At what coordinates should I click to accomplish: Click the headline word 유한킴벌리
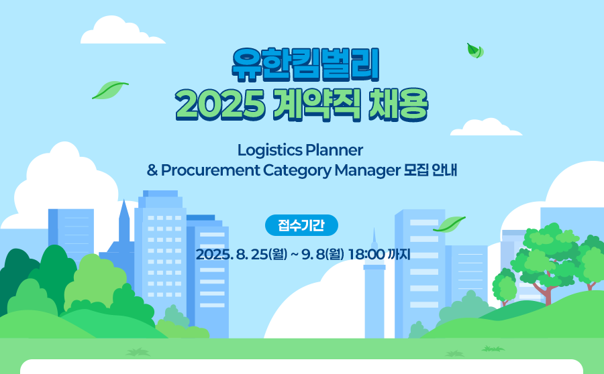[305, 65]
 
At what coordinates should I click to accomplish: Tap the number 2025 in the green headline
[220, 105]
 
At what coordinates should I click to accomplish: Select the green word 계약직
[317, 105]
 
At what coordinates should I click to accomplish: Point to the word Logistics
[270, 150]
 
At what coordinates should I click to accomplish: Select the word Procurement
[210, 170]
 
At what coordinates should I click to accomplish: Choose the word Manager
[368, 171]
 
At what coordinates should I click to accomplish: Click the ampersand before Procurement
[152, 170]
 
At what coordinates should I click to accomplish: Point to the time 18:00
[366, 254]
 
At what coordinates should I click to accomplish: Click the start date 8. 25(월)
[262, 254]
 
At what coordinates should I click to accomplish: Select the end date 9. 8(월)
[323, 254]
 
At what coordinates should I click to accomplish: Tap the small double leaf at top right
[475, 51]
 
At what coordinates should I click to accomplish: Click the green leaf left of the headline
[110, 90]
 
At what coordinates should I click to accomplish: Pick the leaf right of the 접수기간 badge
[449, 225]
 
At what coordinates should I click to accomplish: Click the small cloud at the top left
[123, 30]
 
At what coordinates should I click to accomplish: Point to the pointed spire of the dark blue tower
[124, 201]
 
